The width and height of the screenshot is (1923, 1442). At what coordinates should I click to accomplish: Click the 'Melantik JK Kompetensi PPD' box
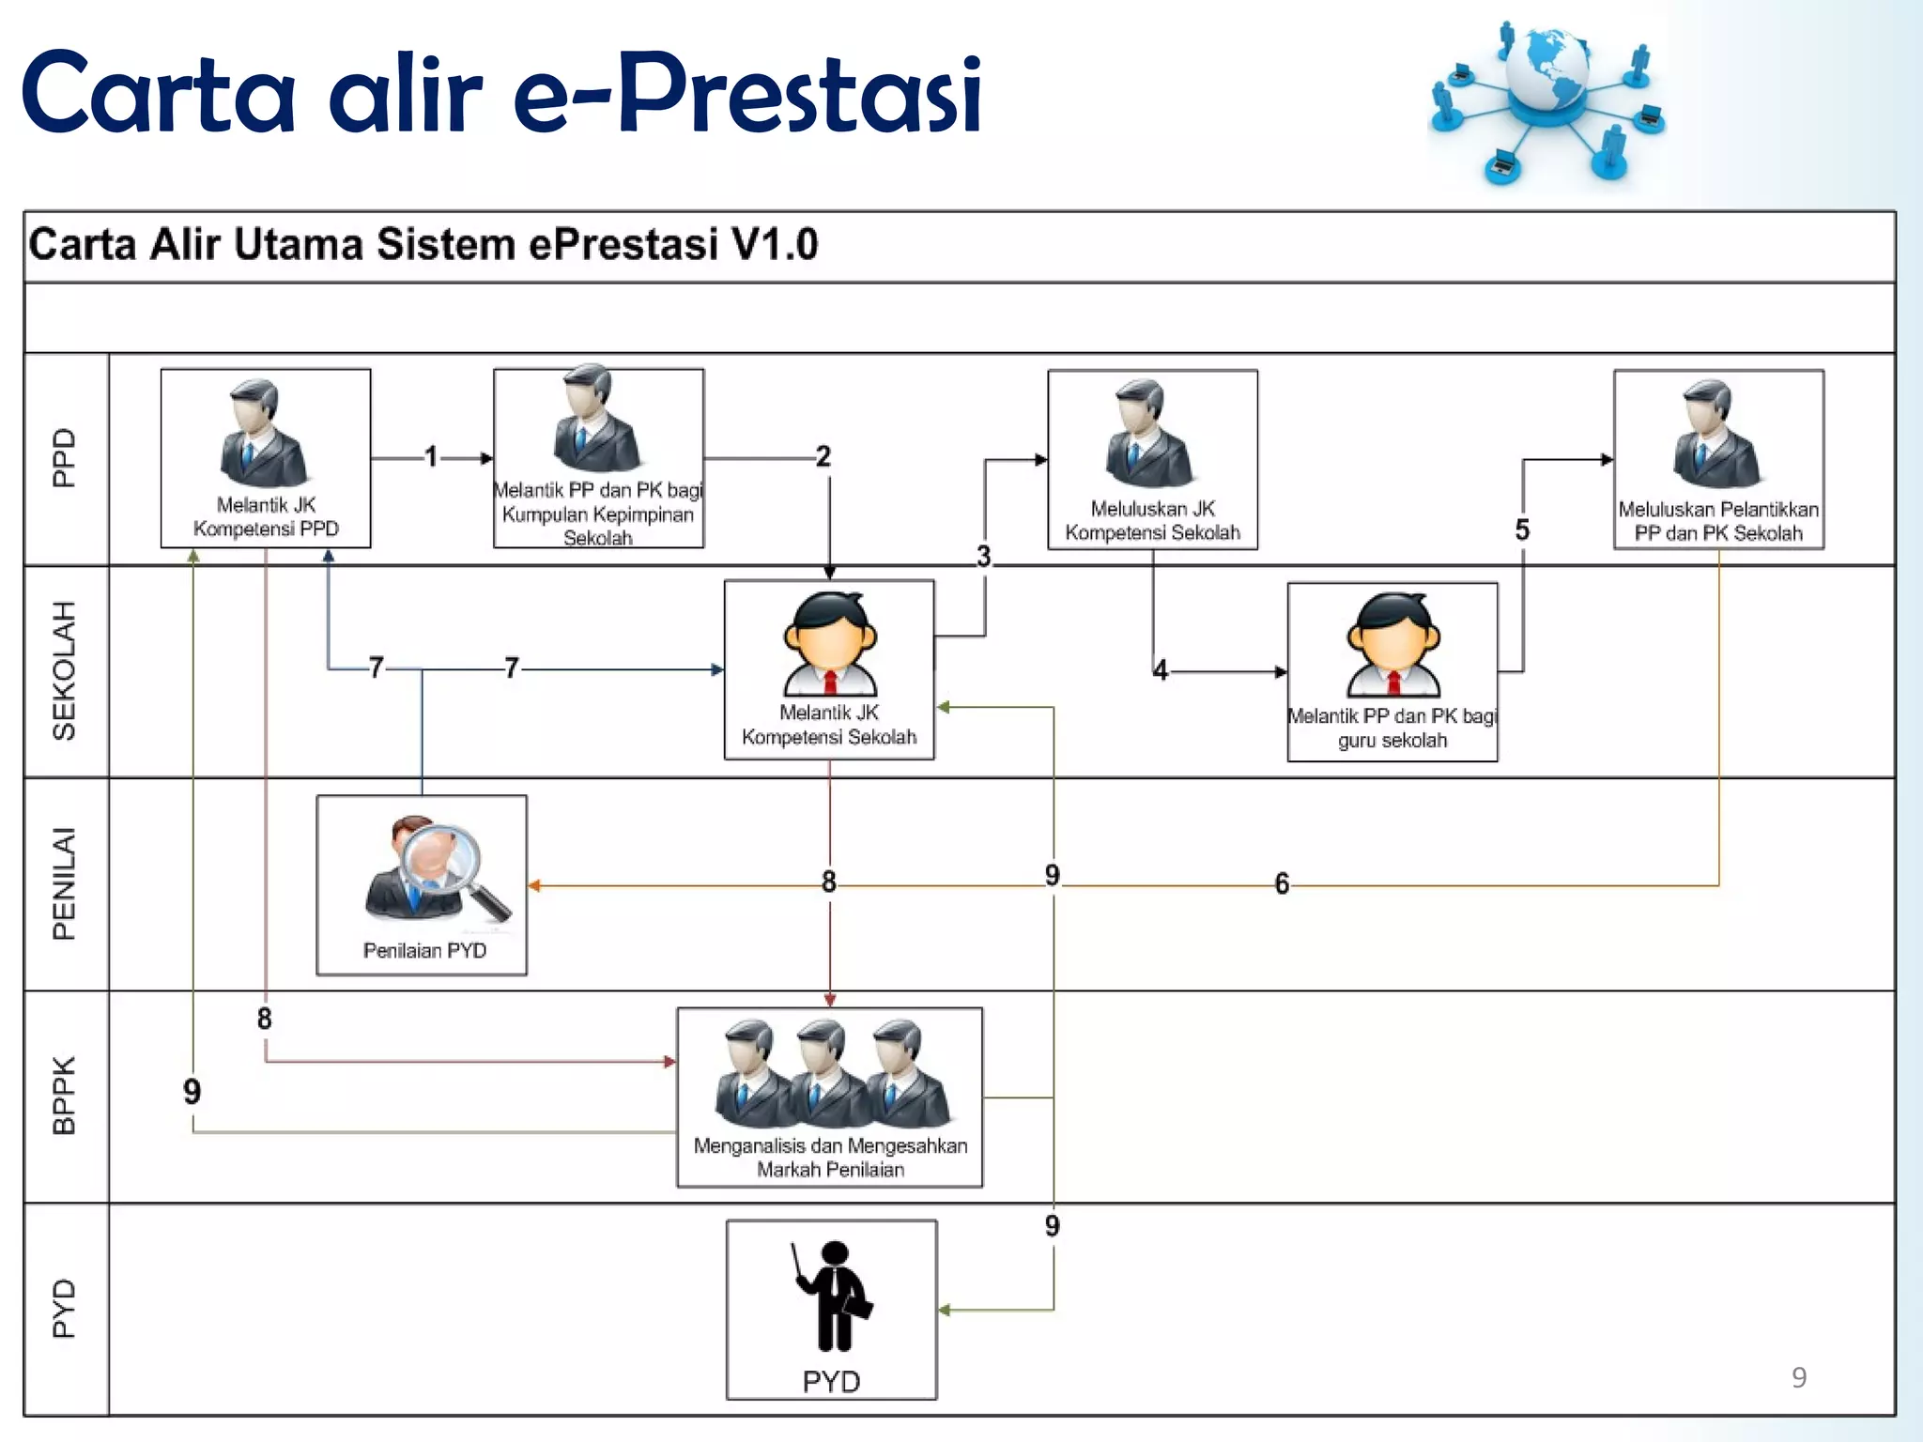click(266, 458)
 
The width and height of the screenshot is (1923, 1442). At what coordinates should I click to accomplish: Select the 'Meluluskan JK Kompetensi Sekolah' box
click(1152, 459)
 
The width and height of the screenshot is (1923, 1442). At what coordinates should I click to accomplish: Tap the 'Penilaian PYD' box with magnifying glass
click(422, 885)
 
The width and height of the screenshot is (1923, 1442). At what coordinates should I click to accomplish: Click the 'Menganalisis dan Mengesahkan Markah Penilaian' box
click(829, 1097)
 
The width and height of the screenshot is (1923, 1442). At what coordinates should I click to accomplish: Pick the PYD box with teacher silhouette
click(831, 1310)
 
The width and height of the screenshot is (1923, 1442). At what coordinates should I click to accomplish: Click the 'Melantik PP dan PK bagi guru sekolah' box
click(1392, 671)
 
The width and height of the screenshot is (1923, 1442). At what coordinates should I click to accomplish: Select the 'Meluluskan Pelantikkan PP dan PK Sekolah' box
click(1718, 459)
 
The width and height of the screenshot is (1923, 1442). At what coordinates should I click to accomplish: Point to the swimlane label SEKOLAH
click(64, 671)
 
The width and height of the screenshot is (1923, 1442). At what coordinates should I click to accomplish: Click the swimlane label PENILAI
click(64, 884)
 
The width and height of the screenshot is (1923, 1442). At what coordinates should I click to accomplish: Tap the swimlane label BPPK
click(64, 1097)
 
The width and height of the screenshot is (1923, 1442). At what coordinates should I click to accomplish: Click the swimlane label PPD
click(64, 458)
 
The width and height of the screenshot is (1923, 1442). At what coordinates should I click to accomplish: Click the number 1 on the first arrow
click(431, 457)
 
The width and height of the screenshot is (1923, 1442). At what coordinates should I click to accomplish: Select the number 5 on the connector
click(1522, 530)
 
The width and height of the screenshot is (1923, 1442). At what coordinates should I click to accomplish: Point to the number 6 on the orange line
click(1282, 884)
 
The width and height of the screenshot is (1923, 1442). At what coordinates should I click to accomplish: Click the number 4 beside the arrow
click(1161, 670)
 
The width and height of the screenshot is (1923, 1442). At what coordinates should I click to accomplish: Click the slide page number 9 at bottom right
click(1798, 1377)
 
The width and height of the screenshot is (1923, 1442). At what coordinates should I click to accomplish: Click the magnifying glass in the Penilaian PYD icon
click(441, 859)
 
